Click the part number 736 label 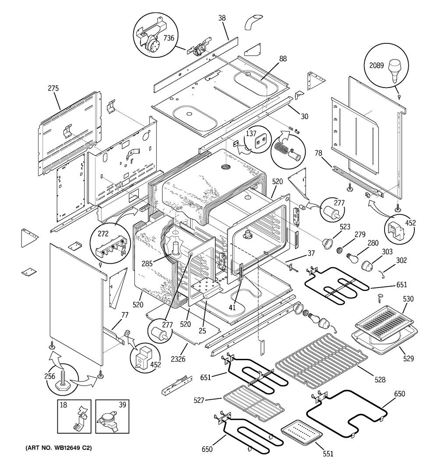(x=169, y=38)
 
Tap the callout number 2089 (x=377, y=66)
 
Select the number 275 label (x=53, y=88)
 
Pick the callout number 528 (x=380, y=380)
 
